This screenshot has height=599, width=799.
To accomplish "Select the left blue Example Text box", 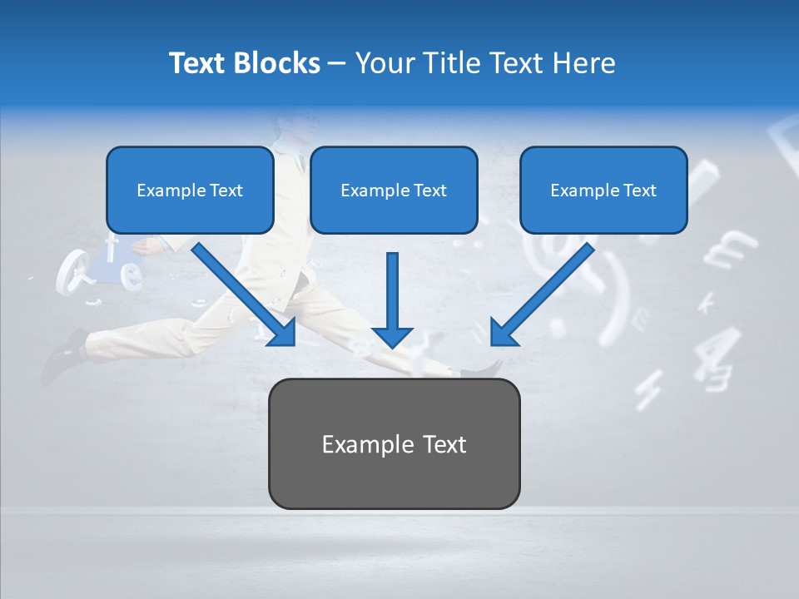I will pos(190,191).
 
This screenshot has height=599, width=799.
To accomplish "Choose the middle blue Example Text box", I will pos(394,191).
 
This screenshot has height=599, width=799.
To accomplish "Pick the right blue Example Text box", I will pos(603,191).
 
